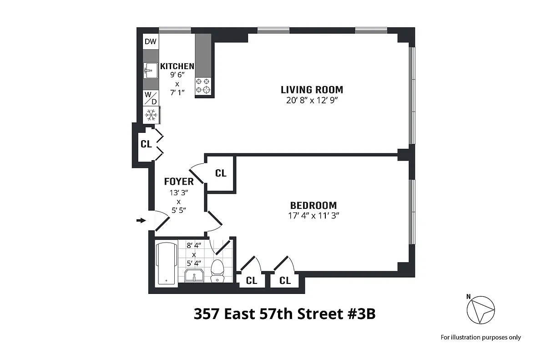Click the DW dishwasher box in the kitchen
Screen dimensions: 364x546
click(151, 42)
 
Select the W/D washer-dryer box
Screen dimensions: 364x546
click(151, 98)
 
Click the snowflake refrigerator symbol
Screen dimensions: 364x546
click(151, 115)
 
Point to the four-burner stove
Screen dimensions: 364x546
click(204, 85)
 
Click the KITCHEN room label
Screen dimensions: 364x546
click(177, 66)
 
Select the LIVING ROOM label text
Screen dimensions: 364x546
click(312, 90)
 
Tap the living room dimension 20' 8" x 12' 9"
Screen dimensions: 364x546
click(312, 101)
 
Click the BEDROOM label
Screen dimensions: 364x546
click(313, 205)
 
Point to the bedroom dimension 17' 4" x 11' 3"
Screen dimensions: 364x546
click(313, 216)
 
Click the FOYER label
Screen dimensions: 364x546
click(179, 182)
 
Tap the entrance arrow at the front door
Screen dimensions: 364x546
click(141, 221)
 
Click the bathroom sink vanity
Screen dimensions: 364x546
click(196, 275)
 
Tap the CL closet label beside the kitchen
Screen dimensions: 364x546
click(146, 144)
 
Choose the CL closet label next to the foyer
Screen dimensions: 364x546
click(221, 173)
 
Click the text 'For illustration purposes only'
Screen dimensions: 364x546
click(480, 337)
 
